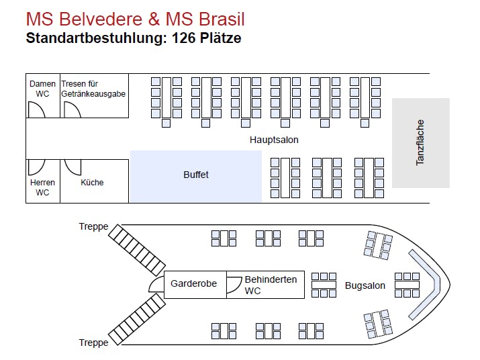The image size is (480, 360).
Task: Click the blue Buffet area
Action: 195,175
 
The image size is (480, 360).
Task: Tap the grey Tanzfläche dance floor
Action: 421,142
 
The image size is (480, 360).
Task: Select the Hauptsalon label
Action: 274,140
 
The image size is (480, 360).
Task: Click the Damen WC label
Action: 42,89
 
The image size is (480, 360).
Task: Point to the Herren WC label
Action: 42,187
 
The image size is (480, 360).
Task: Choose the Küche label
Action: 92,183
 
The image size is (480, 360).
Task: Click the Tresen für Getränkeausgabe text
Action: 93,89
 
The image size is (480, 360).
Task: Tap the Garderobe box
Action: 193,284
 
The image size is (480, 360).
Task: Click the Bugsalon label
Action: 365,285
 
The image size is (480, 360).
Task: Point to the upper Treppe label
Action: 93,227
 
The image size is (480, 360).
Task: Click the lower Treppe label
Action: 93,343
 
